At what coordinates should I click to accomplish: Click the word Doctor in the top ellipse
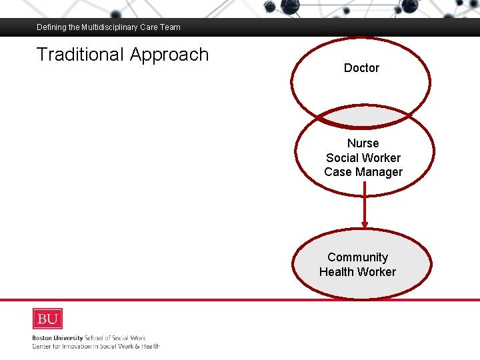tap(361, 68)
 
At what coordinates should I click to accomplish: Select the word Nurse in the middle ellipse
tap(363, 143)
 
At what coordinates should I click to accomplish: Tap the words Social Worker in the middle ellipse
tap(363, 158)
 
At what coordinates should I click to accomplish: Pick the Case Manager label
tap(363, 172)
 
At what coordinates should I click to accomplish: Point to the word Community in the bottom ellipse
tap(357, 257)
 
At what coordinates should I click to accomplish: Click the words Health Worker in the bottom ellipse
tap(357, 272)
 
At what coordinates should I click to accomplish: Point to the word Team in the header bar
tap(170, 27)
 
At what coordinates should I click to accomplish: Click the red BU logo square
tap(47, 318)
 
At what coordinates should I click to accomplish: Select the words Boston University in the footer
tap(57, 338)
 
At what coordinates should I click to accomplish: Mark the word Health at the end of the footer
tap(149, 346)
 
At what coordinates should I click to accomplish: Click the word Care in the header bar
tap(149, 27)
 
